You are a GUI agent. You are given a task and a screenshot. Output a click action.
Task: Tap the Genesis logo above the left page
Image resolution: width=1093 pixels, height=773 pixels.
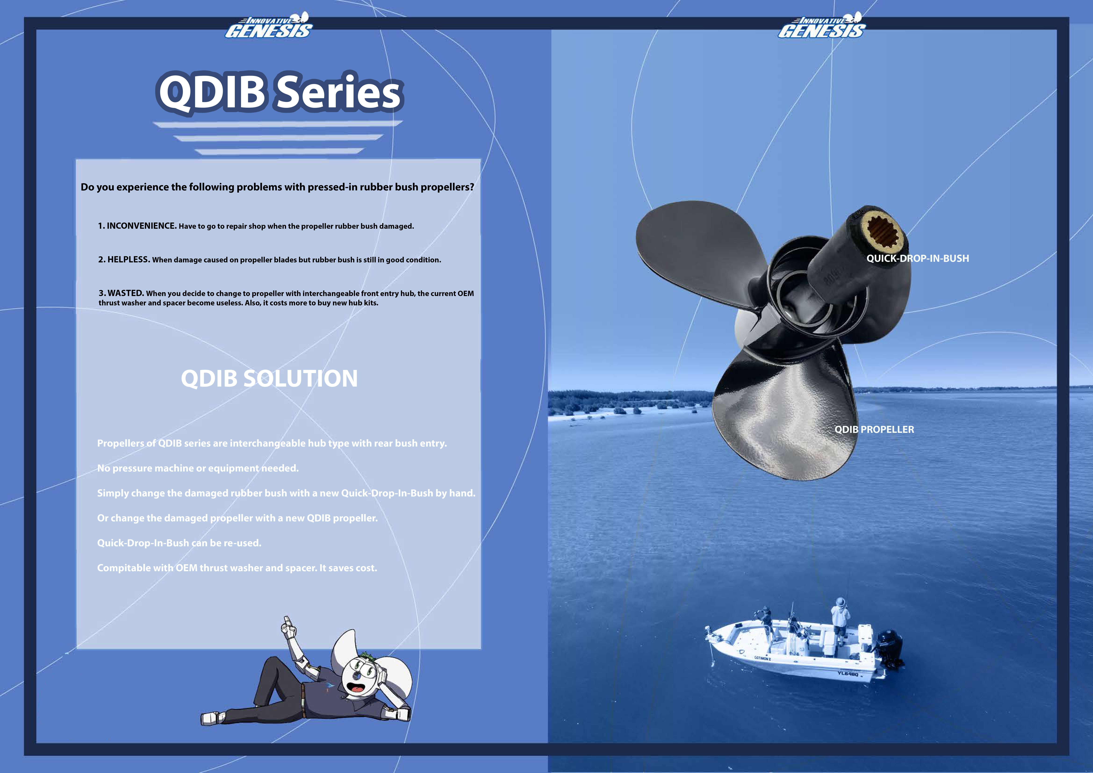point(269,27)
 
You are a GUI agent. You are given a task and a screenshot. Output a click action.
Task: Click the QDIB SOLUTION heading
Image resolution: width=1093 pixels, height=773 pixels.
point(269,378)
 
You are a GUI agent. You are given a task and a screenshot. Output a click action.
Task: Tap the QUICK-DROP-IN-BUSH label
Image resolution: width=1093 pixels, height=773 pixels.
point(917,258)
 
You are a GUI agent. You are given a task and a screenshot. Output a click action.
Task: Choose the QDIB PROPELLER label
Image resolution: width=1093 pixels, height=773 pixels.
point(874,429)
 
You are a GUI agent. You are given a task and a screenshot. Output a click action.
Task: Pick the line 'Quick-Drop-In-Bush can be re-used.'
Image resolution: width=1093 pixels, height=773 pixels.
point(179,543)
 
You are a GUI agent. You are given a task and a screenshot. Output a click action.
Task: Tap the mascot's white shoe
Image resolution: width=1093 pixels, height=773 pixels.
point(212,718)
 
